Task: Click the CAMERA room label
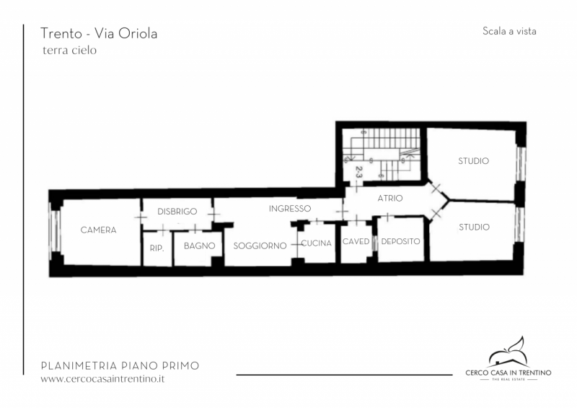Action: pos(98,230)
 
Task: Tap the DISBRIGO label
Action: pos(177,212)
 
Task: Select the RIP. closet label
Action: pos(157,248)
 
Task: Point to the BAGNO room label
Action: pos(200,246)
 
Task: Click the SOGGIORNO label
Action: pos(260,246)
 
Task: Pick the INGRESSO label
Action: pos(290,209)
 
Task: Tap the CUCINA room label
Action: pos(317,243)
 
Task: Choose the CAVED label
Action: pos(356,241)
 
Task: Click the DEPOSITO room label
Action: pos(401,241)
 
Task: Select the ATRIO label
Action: pos(390,199)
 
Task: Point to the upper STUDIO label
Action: pos(474,161)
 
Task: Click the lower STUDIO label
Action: pos(474,227)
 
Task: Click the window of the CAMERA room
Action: pos(56,231)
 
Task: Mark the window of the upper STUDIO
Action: pos(521,164)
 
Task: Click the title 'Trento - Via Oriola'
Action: pos(99,33)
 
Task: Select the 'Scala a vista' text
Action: pos(509,31)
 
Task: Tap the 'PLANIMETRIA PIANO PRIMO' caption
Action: pos(120,366)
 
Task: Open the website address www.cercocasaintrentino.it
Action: pos(102,379)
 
